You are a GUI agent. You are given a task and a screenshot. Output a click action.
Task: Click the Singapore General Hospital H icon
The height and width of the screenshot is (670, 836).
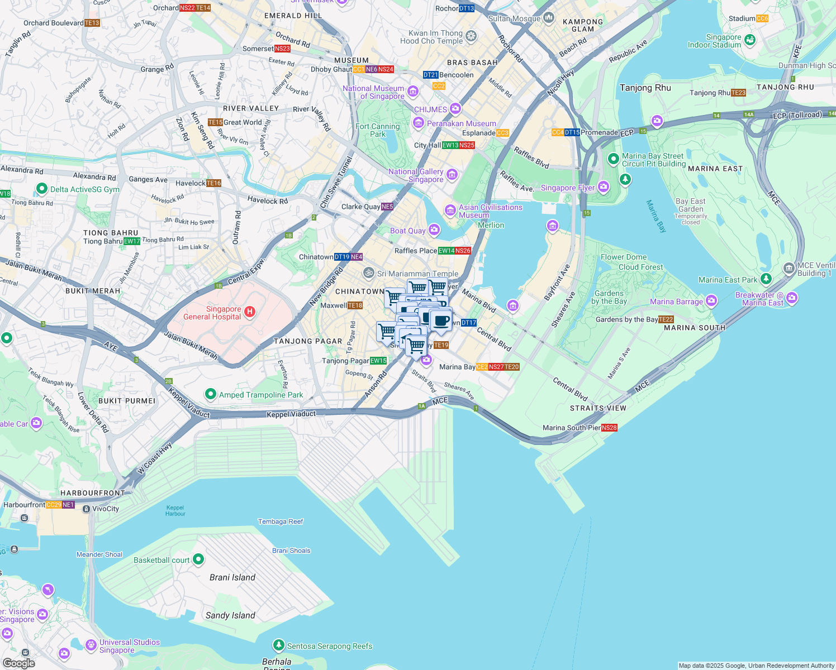point(250,312)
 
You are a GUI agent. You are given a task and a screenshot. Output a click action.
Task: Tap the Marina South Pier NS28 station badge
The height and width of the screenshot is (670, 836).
point(609,428)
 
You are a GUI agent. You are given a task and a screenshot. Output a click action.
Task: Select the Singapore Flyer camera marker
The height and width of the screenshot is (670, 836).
point(603,187)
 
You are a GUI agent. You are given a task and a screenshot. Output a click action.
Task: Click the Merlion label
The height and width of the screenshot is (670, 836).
point(491,225)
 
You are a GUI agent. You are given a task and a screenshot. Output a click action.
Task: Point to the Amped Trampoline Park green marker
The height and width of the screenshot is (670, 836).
point(210,394)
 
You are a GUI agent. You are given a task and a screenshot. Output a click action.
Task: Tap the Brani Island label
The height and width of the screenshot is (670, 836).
point(232,577)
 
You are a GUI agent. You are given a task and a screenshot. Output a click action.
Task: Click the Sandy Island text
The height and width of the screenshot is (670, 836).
point(230,615)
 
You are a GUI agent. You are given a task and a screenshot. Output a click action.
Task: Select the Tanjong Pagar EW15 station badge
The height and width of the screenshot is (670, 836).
point(378,361)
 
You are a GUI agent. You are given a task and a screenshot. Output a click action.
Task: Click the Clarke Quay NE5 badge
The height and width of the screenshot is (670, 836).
point(387,207)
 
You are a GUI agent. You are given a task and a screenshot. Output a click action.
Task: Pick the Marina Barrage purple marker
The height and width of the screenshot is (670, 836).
point(711,301)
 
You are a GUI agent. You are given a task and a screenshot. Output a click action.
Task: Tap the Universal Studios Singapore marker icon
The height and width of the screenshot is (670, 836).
point(91,645)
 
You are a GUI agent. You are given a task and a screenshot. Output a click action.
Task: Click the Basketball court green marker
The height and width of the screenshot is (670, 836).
point(198,559)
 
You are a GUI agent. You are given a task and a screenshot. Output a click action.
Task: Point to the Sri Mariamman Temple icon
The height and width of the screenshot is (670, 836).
point(368,273)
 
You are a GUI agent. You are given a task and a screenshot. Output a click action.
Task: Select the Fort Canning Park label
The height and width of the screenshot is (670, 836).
point(378,130)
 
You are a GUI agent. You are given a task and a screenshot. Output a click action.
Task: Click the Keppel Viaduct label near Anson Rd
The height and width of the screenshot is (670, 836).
point(291,414)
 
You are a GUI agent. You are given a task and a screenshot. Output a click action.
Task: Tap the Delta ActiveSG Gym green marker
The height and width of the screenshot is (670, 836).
point(41,189)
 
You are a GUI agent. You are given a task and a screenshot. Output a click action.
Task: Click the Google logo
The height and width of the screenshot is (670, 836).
point(18,663)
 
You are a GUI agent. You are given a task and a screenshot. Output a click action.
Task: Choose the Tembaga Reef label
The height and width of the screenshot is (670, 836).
point(280,521)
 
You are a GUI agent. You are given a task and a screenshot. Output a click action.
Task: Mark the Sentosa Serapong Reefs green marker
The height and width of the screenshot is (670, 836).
point(278,645)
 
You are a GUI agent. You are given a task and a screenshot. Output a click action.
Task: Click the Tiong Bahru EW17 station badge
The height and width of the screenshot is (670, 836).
point(132,241)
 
